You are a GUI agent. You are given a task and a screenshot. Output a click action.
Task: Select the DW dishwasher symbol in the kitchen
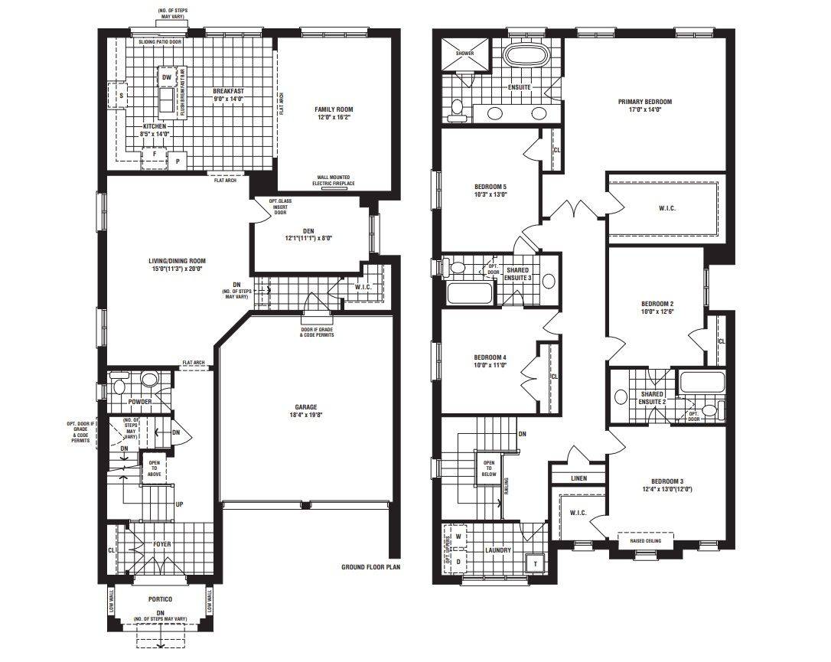click(166, 77)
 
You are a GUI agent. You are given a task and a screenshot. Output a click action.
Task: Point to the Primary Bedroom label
click(645, 102)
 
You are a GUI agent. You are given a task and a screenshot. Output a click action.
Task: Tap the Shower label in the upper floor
click(465, 54)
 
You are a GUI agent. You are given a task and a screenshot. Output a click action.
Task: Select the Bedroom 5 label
click(490, 187)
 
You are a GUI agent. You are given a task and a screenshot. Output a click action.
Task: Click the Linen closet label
click(579, 478)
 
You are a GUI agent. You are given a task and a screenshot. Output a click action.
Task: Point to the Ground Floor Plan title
click(371, 567)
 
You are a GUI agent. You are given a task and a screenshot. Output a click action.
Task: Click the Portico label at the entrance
click(160, 598)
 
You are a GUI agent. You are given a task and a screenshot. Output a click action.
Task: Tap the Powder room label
click(139, 402)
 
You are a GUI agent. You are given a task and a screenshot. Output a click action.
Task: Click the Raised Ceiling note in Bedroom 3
click(646, 540)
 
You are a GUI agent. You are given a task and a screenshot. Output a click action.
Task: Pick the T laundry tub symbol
click(535, 563)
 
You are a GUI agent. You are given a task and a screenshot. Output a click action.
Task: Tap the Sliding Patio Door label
click(160, 42)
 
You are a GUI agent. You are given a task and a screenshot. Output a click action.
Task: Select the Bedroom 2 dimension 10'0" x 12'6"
click(657, 312)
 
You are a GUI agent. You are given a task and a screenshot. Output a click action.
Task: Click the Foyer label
click(161, 544)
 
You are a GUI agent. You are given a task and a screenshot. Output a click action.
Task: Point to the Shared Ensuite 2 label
click(652, 397)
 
